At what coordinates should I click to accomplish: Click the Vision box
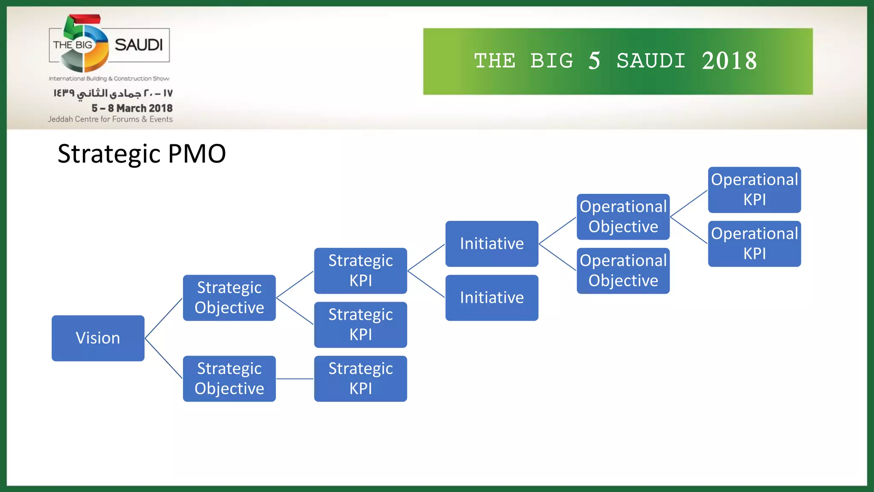(x=98, y=338)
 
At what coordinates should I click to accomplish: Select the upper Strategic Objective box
(x=229, y=298)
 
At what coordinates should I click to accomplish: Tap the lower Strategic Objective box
(x=229, y=379)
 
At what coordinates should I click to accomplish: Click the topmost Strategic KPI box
(x=361, y=270)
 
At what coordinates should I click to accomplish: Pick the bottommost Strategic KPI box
(x=361, y=379)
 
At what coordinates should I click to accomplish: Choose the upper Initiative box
(x=492, y=243)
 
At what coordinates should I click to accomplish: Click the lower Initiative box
(x=492, y=298)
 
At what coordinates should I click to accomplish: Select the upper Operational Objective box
(x=623, y=217)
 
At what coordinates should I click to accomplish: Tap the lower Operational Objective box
(x=623, y=270)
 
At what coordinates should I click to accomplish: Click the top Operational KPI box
(x=754, y=190)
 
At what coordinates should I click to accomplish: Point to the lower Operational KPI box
(x=754, y=243)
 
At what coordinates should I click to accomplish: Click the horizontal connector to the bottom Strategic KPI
(x=295, y=379)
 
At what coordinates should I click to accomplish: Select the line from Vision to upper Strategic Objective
(x=164, y=318)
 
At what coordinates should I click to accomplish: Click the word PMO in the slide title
(x=197, y=154)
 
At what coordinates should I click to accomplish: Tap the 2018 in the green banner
(x=729, y=61)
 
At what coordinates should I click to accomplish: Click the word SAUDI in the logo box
(x=139, y=45)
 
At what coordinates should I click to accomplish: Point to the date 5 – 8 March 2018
(x=132, y=108)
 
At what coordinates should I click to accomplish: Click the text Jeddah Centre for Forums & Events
(x=110, y=119)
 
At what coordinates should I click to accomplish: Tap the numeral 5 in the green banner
(x=594, y=61)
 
